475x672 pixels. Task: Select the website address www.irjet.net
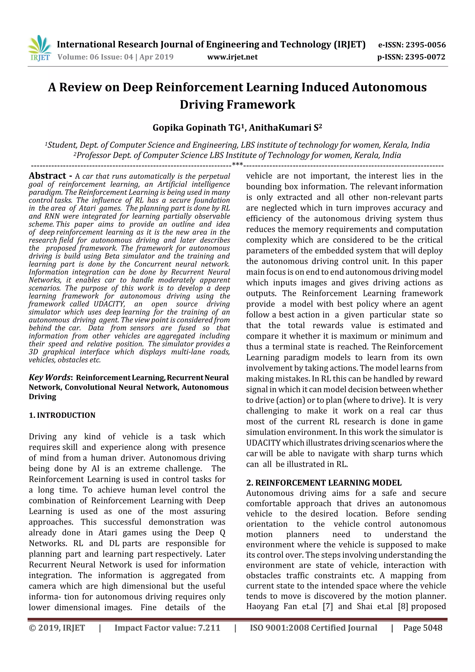tap(232, 57)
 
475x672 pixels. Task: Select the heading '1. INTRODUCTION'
tap(62, 415)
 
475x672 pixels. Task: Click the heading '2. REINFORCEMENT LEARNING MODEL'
tap(324, 483)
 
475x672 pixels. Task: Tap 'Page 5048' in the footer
tap(422, 627)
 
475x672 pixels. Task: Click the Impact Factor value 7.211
tap(209, 627)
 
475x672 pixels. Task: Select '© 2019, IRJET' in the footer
tap(57, 627)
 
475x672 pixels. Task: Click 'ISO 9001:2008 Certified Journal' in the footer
tap(313, 627)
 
